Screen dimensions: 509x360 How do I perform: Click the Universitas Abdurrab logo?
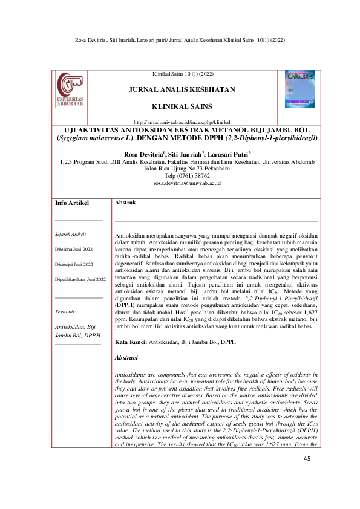tap(70, 92)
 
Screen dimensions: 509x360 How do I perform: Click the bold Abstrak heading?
tap(125, 186)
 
